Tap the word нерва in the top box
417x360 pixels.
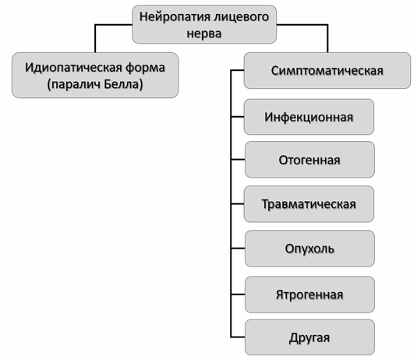click(x=204, y=34)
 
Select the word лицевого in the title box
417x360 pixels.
click(x=242, y=17)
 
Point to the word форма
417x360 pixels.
click(x=145, y=68)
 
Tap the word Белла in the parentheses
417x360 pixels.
click(x=124, y=84)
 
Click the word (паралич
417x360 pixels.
click(x=74, y=85)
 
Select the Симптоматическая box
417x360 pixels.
click(x=327, y=70)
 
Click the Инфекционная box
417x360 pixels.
click(x=309, y=117)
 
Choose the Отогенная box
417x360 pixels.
click(x=309, y=160)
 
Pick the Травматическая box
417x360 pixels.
click(x=309, y=204)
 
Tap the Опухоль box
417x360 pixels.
click(x=309, y=249)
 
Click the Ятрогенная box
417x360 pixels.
click(x=309, y=295)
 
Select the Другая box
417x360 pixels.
click(x=309, y=337)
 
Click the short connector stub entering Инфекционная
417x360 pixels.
click(x=238, y=117)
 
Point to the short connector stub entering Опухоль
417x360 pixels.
click(x=238, y=249)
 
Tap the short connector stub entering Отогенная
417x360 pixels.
click(x=238, y=160)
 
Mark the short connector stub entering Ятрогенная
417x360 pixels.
click(x=238, y=295)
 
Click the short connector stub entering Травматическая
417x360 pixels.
click(x=238, y=204)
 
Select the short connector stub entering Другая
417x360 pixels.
click(x=238, y=337)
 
